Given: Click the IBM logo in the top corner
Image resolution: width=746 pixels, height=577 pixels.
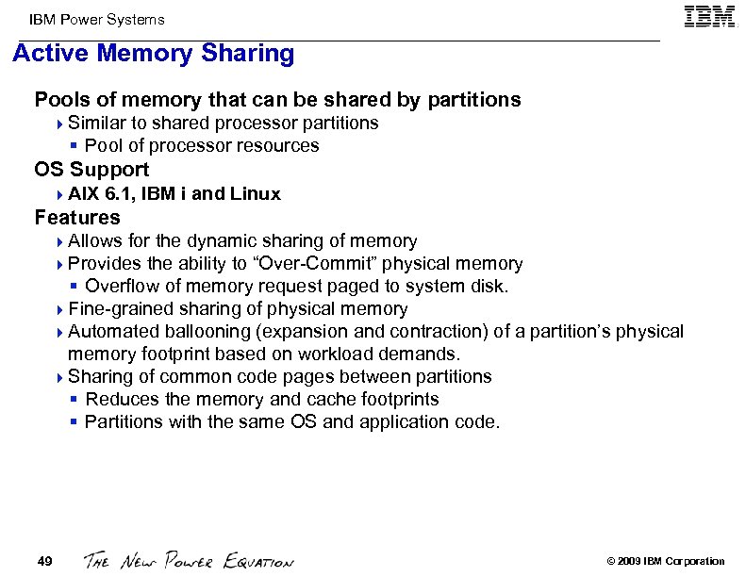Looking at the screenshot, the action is tap(710, 17).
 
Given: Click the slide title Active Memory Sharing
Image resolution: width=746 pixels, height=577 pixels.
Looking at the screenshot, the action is tap(154, 54).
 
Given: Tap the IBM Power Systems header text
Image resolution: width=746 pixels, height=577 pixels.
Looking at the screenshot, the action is tap(96, 19).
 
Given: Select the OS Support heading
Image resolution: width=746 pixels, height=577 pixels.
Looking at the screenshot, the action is tap(91, 170).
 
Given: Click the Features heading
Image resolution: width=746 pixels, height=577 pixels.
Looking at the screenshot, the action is tap(77, 218).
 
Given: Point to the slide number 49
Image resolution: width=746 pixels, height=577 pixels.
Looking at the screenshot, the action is tap(44, 562).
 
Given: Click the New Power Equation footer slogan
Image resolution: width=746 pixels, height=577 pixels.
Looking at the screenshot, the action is tap(189, 561).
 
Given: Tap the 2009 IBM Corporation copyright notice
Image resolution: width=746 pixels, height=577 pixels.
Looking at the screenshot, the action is tap(665, 562).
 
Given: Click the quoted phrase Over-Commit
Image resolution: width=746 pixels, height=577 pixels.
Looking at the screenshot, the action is tap(296, 264).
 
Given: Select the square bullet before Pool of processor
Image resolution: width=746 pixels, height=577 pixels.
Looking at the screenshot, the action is tap(75, 146).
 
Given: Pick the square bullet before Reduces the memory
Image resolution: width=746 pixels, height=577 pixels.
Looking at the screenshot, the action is tap(75, 400).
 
